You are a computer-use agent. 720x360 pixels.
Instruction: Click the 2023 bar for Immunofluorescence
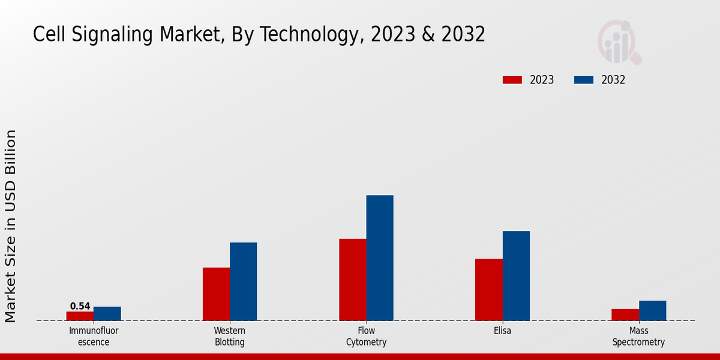pyautogui.click(x=80, y=316)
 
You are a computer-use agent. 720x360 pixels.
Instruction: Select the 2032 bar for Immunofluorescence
pyautogui.click(x=107, y=314)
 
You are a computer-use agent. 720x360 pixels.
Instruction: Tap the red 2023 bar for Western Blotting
pyautogui.click(x=216, y=294)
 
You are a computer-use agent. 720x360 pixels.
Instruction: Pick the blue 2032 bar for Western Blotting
pyautogui.click(x=244, y=281)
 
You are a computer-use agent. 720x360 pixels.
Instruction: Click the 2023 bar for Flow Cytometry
pyautogui.click(x=352, y=280)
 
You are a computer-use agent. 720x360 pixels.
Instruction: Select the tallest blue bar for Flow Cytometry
pyautogui.click(x=380, y=258)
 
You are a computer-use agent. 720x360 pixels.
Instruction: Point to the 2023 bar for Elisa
pyautogui.click(x=489, y=290)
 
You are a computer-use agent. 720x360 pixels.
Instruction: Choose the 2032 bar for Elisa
pyautogui.click(x=516, y=276)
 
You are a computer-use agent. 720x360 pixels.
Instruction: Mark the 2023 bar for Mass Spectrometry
pyautogui.click(x=625, y=315)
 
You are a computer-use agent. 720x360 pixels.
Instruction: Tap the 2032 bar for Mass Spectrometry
pyautogui.click(x=653, y=311)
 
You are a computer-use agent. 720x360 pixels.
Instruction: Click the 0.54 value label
pyautogui.click(x=80, y=306)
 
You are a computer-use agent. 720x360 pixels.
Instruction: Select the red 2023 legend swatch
pyautogui.click(x=512, y=80)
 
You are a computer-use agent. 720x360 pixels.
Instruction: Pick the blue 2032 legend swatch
pyautogui.click(x=584, y=80)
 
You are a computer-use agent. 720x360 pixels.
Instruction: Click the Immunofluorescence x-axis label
pyautogui.click(x=94, y=337)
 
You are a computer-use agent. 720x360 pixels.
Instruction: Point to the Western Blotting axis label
pyautogui.click(x=230, y=337)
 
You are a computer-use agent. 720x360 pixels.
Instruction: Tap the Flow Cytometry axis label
pyautogui.click(x=366, y=337)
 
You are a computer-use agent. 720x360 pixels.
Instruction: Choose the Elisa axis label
pyautogui.click(x=503, y=331)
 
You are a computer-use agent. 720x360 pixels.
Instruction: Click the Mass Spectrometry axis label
pyautogui.click(x=639, y=337)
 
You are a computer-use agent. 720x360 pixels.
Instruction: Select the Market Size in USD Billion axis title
pyautogui.click(x=11, y=226)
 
